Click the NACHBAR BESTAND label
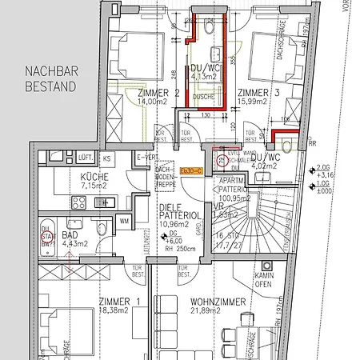[50, 77]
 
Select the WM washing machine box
[124, 220]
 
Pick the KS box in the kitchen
[106, 160]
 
